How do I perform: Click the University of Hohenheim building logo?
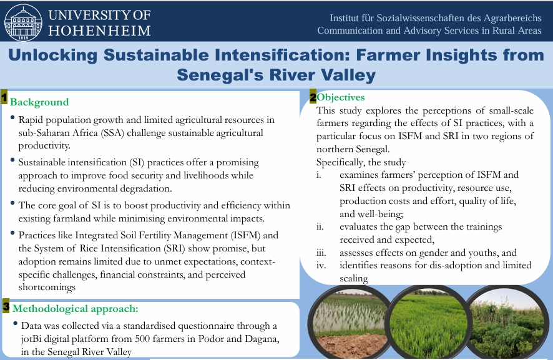tap(23, 22)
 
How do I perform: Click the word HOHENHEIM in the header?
tap(99, 31)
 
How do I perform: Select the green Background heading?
tap(39, 102)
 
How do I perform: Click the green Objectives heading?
tap(341, 97)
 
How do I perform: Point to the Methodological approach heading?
tap(76, 309)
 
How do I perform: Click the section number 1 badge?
tap(4, 97)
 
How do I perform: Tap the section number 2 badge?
tap(313, 97)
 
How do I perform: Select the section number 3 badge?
tap(6, 306)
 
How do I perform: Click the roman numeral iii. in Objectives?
tap(321, 253)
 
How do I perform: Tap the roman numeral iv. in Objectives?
tap(321, 265)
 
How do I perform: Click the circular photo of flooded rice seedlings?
tap(351, 323)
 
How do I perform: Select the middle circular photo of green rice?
tap(429, 323)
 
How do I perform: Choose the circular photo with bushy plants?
tap(507, 323)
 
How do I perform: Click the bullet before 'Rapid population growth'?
tap(12, 118)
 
